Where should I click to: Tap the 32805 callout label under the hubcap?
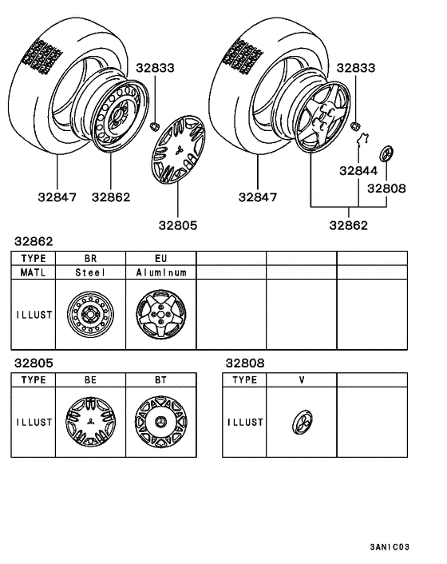tap(176, 225)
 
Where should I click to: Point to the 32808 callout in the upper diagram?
tap(386, 189)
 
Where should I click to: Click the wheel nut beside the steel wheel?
tap(155, 125)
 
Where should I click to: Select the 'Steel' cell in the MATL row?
tap(90, 272)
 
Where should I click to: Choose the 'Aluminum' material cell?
tap(160, 272)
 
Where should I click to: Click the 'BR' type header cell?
tap(90, 258)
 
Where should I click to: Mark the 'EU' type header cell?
tap(160, 258)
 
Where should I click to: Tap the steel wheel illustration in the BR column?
tap(90, 315)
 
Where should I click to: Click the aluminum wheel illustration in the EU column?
tap(160, 315)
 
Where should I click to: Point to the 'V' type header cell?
tap(301, 380)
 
